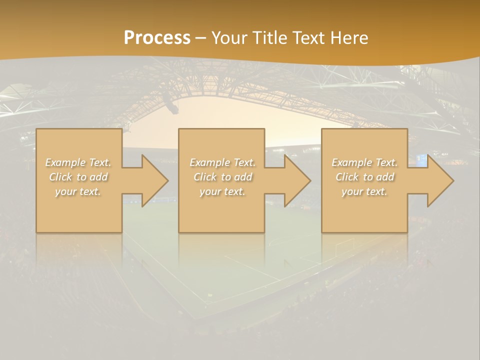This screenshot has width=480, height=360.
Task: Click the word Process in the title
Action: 157,38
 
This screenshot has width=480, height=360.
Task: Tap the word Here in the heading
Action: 349,38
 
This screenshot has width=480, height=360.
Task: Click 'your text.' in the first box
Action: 78,191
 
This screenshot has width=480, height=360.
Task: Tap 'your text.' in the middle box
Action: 222,191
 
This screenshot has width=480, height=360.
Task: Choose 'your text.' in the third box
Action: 364,191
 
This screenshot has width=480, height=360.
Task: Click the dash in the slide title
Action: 201,38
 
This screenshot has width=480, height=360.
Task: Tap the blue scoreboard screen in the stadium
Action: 421,160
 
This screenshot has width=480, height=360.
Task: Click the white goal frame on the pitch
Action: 344,245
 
